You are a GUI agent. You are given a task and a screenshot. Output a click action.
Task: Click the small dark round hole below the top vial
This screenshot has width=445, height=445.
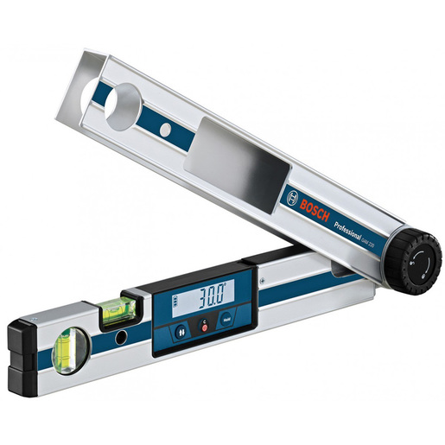pyautogui.click(x=122, y=334)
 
